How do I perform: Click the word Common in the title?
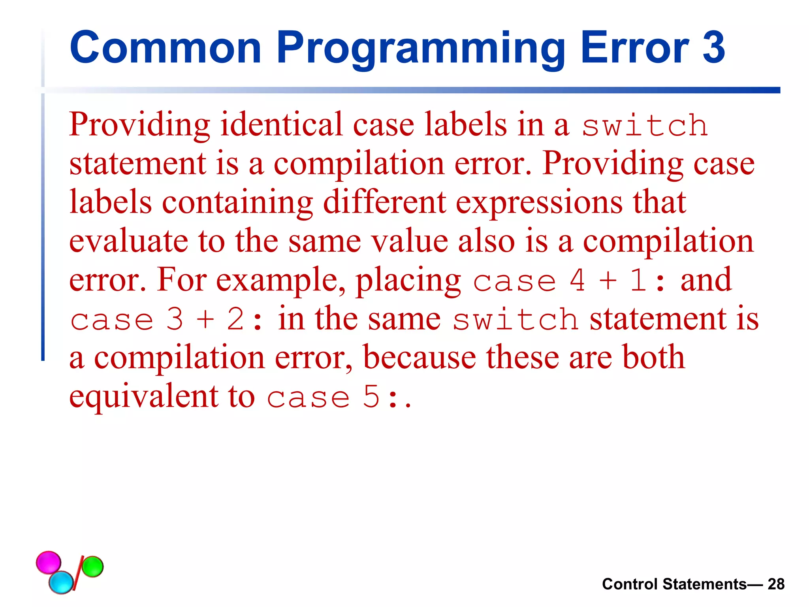(165, 48)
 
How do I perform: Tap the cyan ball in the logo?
(61, 582)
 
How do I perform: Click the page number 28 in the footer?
(776, 584)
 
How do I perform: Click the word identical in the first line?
(281, 124)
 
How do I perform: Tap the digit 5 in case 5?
(371, 397)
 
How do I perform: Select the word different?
(384, 202)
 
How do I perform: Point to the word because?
(420, 357)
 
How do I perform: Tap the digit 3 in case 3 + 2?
(175, 319)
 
